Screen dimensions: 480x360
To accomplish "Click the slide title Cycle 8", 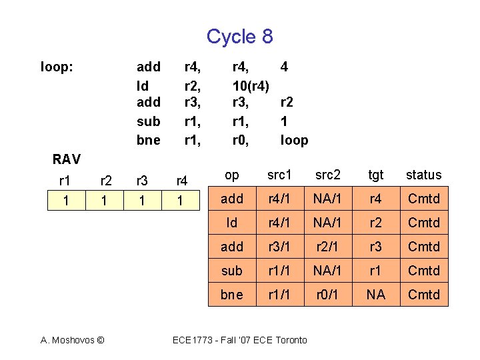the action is pyautogui.click(x=239, y=36).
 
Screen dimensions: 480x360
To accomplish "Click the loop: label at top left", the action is pyautogui.click(x=57, y=67).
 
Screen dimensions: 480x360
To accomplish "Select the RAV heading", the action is pyautogui.click(x=66, y=159).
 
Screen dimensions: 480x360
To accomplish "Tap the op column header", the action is pyautogui.click(x=232, y=175).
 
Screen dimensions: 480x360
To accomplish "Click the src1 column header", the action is pyautogui.click(x=280, y=175).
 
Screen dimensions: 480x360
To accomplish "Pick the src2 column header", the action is pyautogui.click(x=328, y=175).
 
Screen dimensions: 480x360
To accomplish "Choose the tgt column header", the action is pyautogui.click(x=376, y=175).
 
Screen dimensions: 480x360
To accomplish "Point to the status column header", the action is pyautogui.click(x=424, y=175).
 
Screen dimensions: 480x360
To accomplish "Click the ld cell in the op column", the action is pyautogui.click(x=232, y=223).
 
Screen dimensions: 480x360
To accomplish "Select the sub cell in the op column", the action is pyautogui.click(x=232, y=271).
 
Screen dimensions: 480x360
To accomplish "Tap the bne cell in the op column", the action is pyautogui.click(x=232, y=295).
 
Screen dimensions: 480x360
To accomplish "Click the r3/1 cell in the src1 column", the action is pyautogui.click(x=280, y=247).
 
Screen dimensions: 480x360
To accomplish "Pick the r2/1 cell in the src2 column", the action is pyautogui.click(x=328, y=247).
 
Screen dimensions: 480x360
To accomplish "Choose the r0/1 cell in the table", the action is pyautogui.click(x=328, y=295).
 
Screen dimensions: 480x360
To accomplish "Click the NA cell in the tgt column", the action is pyautogui.click(x=376, y=295).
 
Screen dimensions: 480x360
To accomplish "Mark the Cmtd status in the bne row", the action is pyautogui.click(x=424, y=295).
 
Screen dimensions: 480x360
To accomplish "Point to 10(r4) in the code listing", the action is pyautogui.click(x=251, y=85).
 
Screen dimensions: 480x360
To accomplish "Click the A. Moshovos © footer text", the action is pyautogui.click(x=73, y=340).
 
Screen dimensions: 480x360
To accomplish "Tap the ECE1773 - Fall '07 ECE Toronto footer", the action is pyautogui.click(x=240, y=340).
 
